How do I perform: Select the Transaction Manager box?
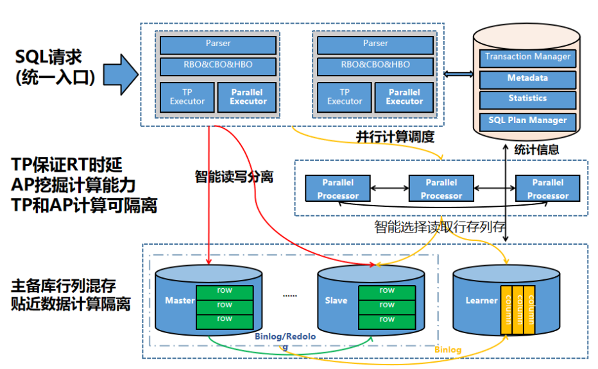tap(527, 57)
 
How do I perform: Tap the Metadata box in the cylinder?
tap(527, 78)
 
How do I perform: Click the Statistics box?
tap(527, 99)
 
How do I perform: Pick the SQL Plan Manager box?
tap(527, 120)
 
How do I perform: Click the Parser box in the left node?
tap(218, 44)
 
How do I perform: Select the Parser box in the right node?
tap(375, 44)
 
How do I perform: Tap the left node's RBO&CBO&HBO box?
tap(218, 65)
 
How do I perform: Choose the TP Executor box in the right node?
tap(345, 97)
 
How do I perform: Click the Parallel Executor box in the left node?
tap(248, 97)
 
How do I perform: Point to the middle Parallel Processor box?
tap(441, 189)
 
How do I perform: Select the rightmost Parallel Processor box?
tap(547, 189)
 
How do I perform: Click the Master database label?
tap(180, 300)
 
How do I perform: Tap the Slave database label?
tap(336, 300)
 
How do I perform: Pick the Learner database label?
tap(481, 300)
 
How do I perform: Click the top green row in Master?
tap(225, 291)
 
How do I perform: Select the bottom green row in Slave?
tap(386, 319)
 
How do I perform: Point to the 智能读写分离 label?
tap(234, 177)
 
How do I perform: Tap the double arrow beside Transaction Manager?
tap(458, 75)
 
